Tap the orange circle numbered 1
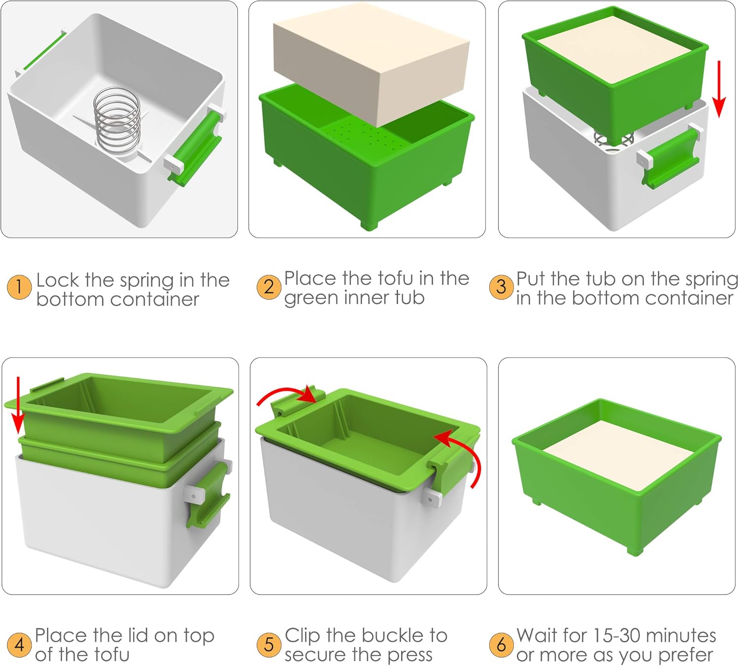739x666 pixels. (x=19, y=287)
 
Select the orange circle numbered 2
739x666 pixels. (x=269, y=287)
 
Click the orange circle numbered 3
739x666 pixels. (x=501, y=287)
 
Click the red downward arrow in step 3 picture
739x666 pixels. (x=719, y=89)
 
